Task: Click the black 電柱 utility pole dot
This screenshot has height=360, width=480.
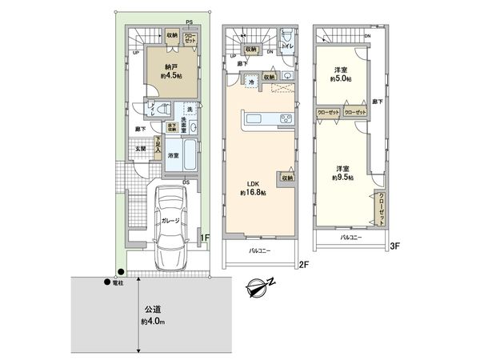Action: click(x=106, y=281)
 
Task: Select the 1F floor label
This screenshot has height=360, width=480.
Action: click(x=204, y=238)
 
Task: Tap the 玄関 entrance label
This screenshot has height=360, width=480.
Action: click(x=139, y=148)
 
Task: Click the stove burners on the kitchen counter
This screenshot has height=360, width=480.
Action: click(x=285, y=120)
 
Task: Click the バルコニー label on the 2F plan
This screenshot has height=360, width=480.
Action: click(x=258, y=251)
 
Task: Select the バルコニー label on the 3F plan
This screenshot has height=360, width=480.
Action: click(x=350, y=238)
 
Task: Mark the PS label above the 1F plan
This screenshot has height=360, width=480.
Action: click(x=189, y=22)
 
